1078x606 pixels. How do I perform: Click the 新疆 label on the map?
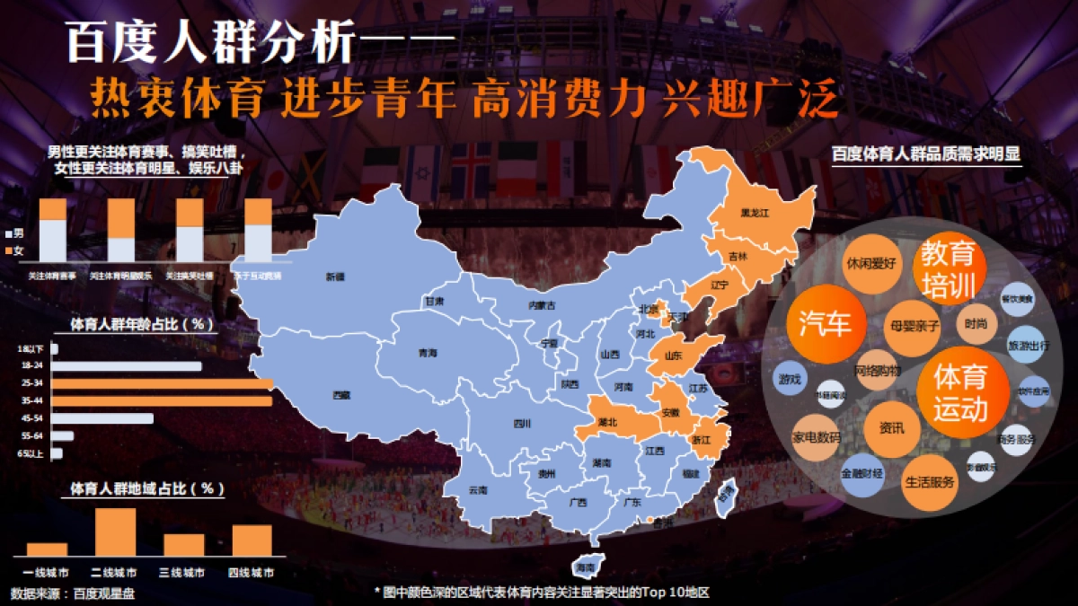pos(335,277)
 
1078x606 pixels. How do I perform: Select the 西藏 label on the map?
pos(341,394)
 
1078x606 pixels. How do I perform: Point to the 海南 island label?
pos(586,567)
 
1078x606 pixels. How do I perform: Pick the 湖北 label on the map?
pos(607,421)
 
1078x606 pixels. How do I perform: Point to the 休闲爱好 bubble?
pos(870,264)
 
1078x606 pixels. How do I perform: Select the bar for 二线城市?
pos(115,532)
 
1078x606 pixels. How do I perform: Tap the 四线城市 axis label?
pos(252,573)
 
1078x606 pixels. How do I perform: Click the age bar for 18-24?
pos(126,366)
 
